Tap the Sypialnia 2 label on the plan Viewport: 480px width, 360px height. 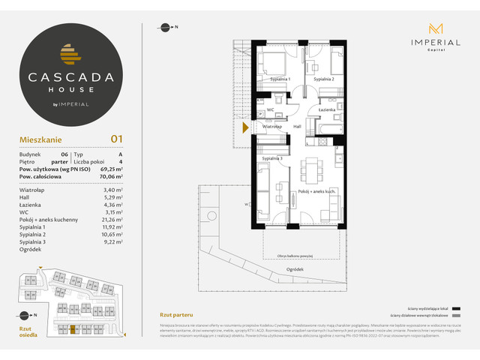324,79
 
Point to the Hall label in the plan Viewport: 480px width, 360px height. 297,127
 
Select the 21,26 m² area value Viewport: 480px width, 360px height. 111,218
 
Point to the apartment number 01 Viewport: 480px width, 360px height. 116,138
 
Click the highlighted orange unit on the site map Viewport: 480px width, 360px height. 73,328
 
